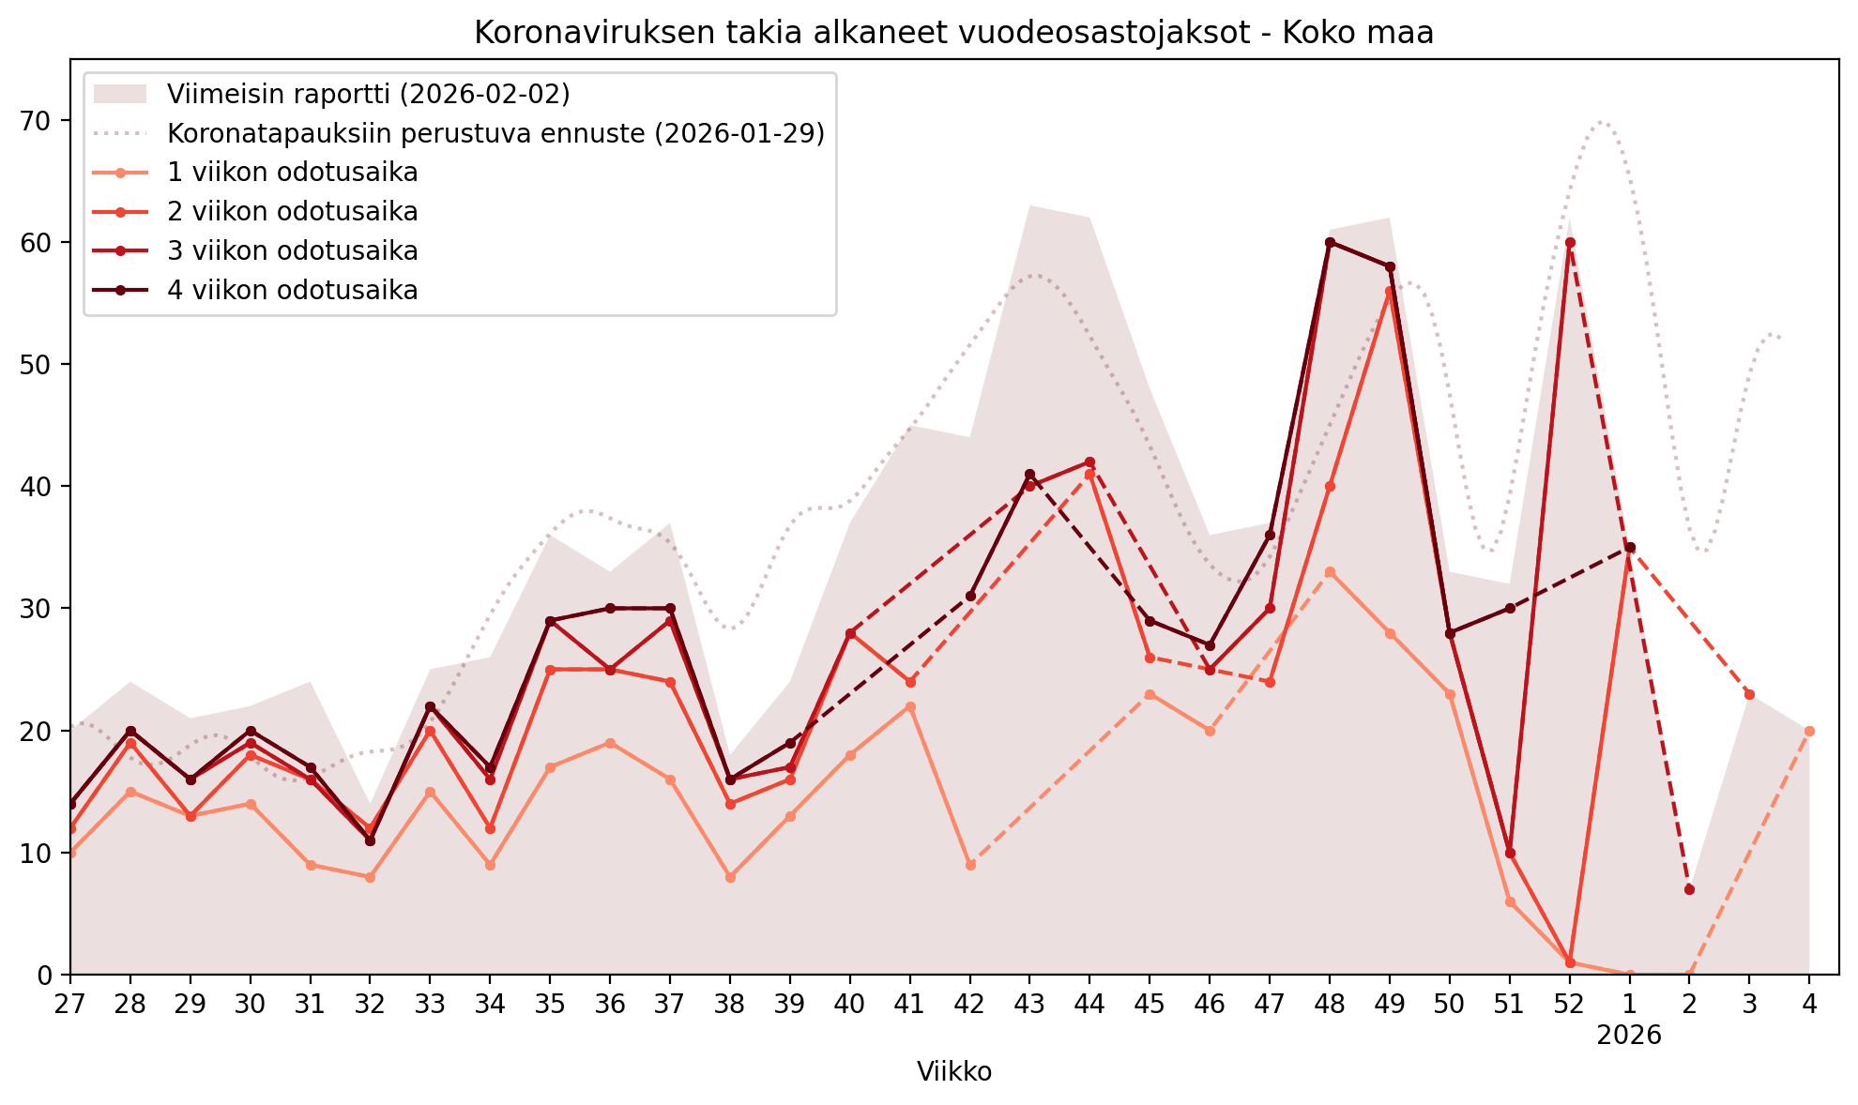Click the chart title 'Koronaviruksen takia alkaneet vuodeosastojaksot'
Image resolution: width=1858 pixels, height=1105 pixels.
953,33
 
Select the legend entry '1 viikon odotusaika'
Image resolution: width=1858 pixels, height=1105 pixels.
292,173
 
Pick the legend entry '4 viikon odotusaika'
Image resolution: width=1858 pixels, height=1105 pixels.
292,291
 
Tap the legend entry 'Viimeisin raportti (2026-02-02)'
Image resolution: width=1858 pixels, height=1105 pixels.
368,94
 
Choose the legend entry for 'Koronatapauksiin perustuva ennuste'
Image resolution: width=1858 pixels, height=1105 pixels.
495,133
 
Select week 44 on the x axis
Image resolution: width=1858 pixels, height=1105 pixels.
1089,1005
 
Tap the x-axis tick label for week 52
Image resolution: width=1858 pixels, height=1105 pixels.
1569,1005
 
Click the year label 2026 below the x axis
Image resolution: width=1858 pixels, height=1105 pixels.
1629,1036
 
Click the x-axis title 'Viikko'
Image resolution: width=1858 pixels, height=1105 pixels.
953,1072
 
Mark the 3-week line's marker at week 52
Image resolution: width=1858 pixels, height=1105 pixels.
1570,242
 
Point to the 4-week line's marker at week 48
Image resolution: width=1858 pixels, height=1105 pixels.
1330,242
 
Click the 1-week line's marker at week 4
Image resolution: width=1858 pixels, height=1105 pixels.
1809,731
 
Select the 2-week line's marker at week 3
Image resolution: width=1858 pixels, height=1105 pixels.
1749,694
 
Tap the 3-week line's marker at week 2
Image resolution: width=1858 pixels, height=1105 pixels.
1689,889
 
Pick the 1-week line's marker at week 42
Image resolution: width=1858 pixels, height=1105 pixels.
970,865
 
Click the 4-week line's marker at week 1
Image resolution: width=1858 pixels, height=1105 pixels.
1630,547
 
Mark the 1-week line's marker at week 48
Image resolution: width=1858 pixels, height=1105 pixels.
1330,571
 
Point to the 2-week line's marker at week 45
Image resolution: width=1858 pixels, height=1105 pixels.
1150,658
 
